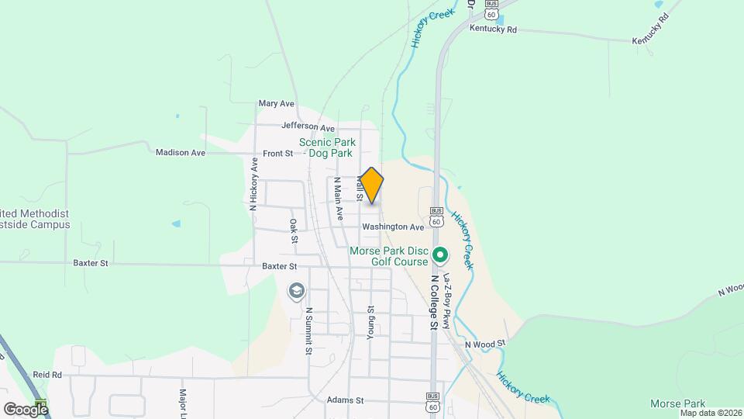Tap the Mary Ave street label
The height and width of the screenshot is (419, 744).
[x=277, y=103]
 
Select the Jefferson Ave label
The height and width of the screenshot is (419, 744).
[x=308, y=126]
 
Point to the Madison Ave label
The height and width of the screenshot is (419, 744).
[x=181, y=153]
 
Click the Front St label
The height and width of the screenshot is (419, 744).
[x=277, y=154]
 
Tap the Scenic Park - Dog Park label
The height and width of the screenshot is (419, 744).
[x=328, y=147]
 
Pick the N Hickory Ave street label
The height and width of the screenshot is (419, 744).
[x=253, y=185]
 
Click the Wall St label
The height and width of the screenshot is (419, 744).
[x=360, y=188]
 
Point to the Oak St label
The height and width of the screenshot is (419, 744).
[x=294, y=230]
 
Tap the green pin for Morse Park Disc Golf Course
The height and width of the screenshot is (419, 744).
[x=440, y=254]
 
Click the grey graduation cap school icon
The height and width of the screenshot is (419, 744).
[x=296, y=292]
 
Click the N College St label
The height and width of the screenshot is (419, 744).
[x=435, y=303]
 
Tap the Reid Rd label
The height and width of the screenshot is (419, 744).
[x=46, y=374]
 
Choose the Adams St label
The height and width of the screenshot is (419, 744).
[x=345, y=400]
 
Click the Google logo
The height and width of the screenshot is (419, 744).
[x=26, y=409]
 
